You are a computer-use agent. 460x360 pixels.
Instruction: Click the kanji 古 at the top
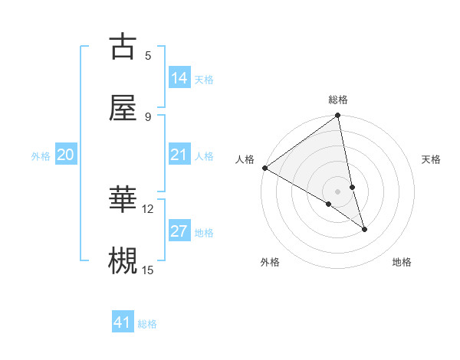(123, 47)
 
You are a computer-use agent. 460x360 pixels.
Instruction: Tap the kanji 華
(123, 200)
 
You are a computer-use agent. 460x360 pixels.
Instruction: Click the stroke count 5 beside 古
(148, 55)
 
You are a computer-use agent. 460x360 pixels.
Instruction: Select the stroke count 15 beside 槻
(148, 269)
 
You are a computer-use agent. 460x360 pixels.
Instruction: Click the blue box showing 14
(179, 78)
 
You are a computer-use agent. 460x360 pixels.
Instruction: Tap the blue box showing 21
(179, 155)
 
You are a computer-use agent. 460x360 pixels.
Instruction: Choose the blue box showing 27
(179, 231)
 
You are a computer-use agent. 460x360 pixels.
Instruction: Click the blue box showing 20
(65, 155)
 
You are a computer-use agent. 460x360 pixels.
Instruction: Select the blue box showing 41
(123, 322)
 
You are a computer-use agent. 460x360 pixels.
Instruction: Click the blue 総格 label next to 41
(147, 324)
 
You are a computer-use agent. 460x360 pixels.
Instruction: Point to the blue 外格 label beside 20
(41, 156)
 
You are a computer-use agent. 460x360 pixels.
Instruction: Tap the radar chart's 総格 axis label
(338, 100)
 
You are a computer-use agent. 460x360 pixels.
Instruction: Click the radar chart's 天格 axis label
(431, 159)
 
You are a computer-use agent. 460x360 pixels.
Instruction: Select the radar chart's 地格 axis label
(402, 262)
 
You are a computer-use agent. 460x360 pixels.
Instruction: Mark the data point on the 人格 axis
(264, 168)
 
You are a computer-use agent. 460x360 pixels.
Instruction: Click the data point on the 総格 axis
(338, 116)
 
